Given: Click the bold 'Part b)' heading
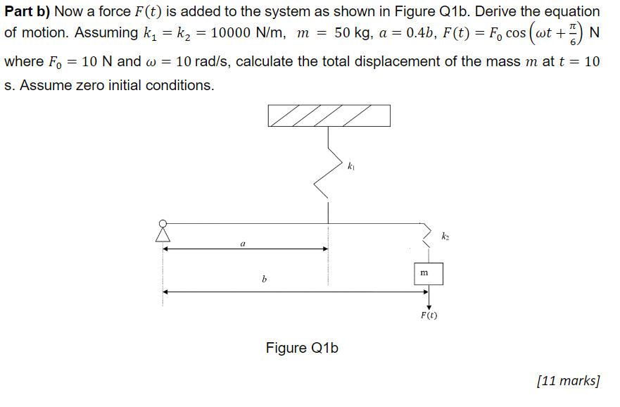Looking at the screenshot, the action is coord(27,11).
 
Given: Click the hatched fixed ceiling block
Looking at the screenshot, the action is coord(329,115).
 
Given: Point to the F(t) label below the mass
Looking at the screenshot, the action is coord(429,315).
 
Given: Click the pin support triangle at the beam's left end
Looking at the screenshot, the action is coord(163,232).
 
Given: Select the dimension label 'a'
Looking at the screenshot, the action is coord(243,243).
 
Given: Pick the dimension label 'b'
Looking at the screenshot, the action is coord(264,280).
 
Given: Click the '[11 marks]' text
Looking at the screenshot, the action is coord(568,381).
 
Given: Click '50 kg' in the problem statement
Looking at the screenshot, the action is coord(352,33).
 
